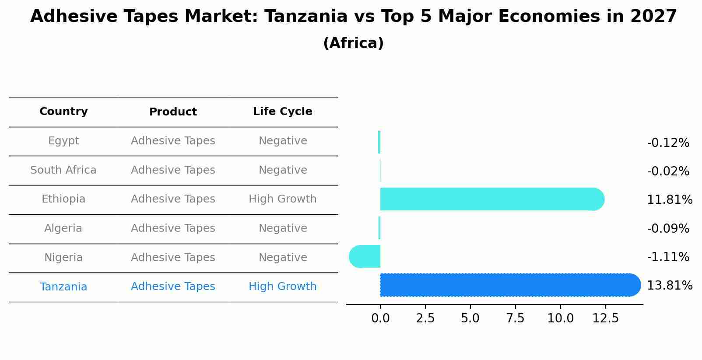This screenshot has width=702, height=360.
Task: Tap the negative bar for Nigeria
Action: [x=365, y=256]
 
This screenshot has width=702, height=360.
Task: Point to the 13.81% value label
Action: [x=669, y=286]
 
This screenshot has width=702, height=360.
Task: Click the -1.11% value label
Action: [x=668, y=257]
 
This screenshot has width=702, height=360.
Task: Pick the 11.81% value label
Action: [x=669, y=200]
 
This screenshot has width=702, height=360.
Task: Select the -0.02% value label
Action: [x=668, y=171]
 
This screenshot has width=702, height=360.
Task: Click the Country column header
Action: [x=63, y=112]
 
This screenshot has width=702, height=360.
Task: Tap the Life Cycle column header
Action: [x=282, y=112]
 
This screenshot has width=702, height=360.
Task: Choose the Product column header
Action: [x=173, y=112]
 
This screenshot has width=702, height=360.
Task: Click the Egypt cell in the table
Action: [x=63, y=141]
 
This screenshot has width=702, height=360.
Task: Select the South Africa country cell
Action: [x=63, y=170]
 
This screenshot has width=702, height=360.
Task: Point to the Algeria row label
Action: [x=63, y=228]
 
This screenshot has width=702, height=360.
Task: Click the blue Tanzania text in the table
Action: [x=63, y=287]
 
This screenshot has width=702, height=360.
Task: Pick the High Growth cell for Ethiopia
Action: [x=282, y=199]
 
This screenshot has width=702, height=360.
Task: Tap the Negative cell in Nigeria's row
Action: [x=282, y=258]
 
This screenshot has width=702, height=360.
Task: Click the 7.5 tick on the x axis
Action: [x=515, y=318]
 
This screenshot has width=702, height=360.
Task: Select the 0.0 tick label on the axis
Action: [x=380, y=318]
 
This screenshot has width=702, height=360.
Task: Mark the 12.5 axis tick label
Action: [x=605, y=318]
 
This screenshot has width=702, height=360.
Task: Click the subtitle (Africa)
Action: [x=353, y=43]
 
